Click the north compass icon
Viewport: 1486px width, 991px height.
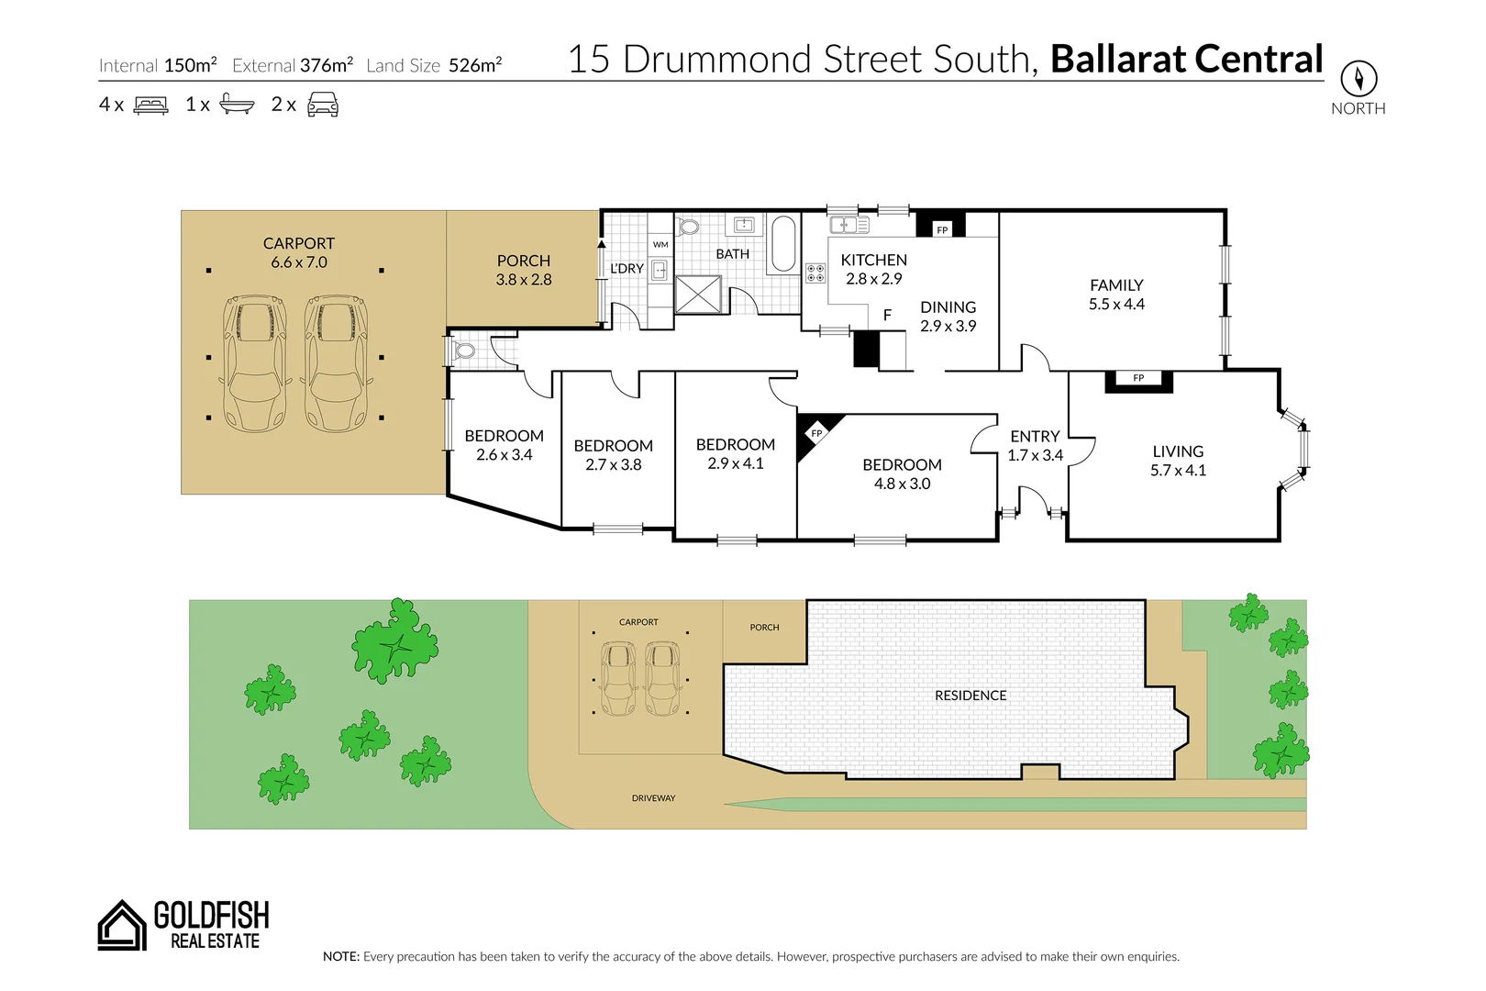point(1358,79)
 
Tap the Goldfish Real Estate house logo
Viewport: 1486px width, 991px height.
point(122,925)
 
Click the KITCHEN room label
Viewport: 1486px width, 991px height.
point(873,261)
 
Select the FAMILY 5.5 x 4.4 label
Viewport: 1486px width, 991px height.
point(1116,295)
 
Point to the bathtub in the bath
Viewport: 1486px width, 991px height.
point(783,243)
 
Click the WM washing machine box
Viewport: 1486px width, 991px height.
point(660,244)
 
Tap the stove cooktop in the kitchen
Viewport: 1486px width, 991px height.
point(815,273)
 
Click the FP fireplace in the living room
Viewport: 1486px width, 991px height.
point(1138,379)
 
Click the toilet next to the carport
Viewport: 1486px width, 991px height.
point(464,350)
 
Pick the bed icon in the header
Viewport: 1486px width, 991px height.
point(151,106)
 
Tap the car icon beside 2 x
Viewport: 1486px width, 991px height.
point(323,105)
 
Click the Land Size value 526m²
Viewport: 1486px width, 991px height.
point(475,65)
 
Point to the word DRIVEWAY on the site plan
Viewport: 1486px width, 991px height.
point(653,798)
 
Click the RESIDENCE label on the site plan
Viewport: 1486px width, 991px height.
point(970,696)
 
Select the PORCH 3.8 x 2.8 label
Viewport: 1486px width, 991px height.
point(524,271)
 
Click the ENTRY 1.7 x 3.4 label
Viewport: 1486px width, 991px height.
point(1035,446)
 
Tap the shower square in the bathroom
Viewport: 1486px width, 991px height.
point(698,295)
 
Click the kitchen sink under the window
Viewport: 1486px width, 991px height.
point(848,224)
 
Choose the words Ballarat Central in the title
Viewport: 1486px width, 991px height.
point(1186,60)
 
